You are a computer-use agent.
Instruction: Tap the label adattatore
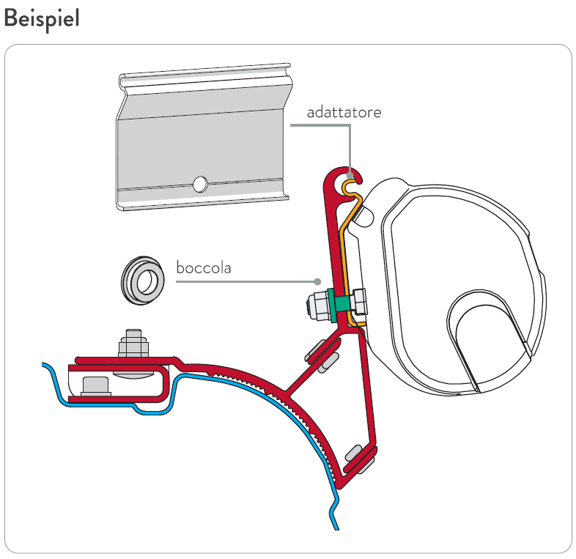coord(344,113)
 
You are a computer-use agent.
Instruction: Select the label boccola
coord(204,267)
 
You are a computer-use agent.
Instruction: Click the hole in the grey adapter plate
coord(199,183)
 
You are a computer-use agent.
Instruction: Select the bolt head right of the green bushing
coord(358,300)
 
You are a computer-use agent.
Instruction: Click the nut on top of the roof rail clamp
coord(133,344)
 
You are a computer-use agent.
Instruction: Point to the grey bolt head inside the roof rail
coord(95,385)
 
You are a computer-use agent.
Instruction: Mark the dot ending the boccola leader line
coord(317,281)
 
